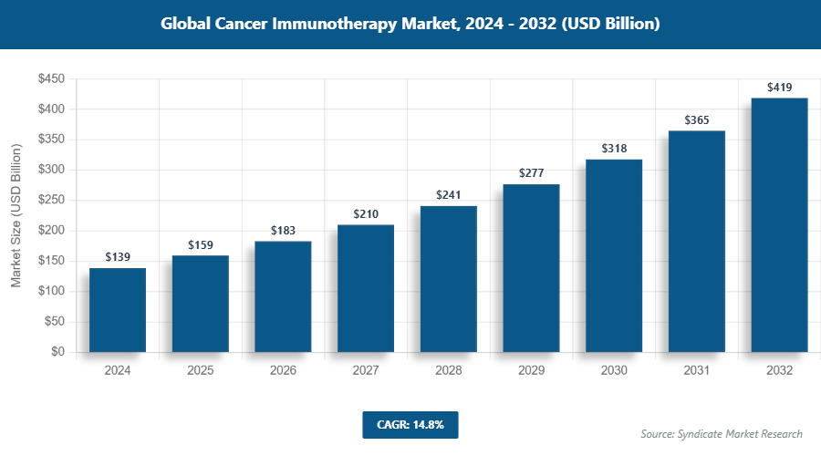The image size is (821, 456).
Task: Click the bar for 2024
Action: (118, 310)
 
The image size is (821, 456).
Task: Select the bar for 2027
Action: (366, 288)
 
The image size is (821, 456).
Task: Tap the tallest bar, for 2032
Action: (779, 225)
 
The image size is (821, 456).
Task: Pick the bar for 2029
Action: (531, 268)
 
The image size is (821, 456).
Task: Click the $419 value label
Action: (779, 88)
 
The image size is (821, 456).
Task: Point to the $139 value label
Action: (118, 258)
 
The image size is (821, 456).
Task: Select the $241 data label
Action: (448, 195)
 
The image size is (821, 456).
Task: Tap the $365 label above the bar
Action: (697, 120)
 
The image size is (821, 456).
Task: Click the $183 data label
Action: (283, 232)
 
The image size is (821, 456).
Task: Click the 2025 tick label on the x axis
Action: (200, 371)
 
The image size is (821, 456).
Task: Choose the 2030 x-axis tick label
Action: (614, 371)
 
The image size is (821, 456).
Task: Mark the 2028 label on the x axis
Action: (448, 371)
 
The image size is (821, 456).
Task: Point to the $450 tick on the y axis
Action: (50, 79)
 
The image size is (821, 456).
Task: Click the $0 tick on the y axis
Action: (57, 352)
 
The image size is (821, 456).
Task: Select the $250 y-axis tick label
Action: (50, 201)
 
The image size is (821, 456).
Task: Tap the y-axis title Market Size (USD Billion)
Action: (16, 216)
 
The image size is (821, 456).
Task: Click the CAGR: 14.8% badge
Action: (410, 424)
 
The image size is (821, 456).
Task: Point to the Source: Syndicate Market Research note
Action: (721, 434)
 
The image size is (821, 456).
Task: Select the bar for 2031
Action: (697, 242)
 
